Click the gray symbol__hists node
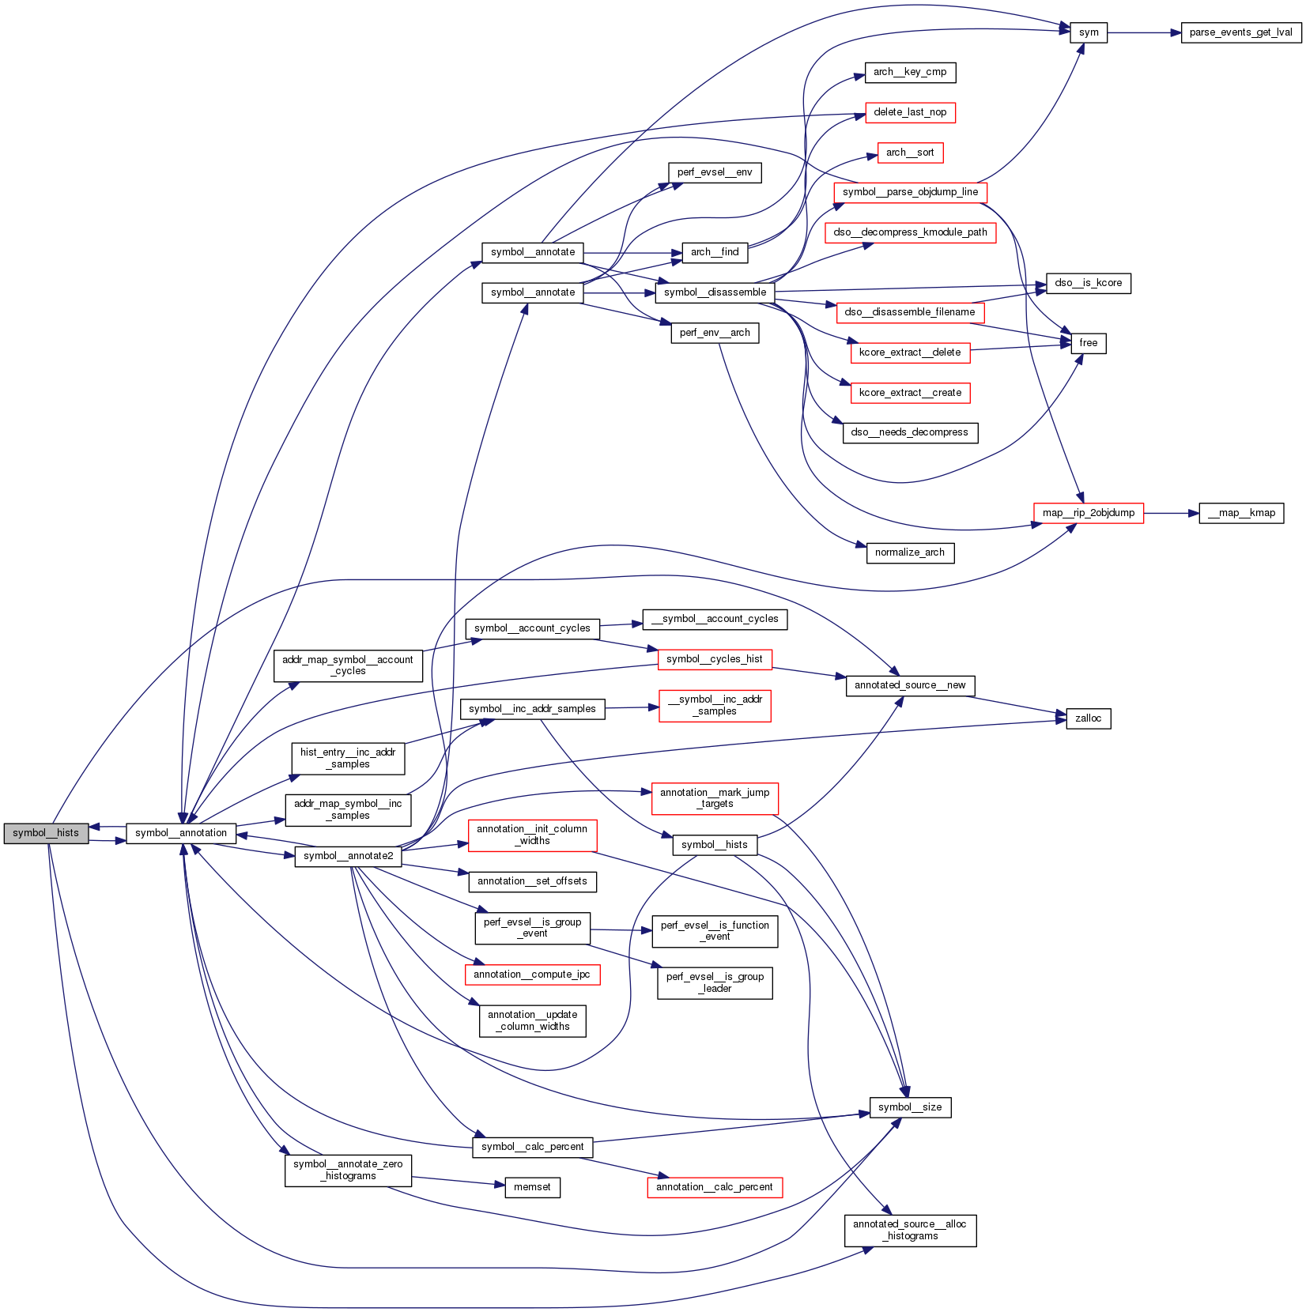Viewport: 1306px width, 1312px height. click(46, 833)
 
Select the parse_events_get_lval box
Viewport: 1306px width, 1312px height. click(1240, 32)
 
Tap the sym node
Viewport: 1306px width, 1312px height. click(1089, 32)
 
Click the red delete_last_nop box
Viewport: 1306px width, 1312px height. click(910, 112)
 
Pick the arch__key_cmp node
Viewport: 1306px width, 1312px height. click(910, 72)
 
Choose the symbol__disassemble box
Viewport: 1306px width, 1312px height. click(715, 292)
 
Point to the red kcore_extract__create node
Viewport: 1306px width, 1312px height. click(910, 393)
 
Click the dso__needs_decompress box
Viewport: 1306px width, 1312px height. click(910, 432)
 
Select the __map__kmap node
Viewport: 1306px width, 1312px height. click(1241, 513)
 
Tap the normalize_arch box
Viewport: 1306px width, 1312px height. click(910, 552)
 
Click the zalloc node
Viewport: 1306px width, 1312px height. click(1089, 718)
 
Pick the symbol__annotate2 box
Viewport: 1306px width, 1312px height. click(348, 856)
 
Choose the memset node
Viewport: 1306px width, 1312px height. click(532, 1187)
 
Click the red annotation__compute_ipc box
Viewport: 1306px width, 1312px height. click(532, 975)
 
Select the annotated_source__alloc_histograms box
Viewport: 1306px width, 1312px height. click(910, 1230)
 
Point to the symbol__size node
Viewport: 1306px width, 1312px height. click(910, 1107)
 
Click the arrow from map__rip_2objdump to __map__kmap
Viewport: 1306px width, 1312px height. click(1171, 513)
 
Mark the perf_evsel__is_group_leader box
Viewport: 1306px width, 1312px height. click(715, 982)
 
